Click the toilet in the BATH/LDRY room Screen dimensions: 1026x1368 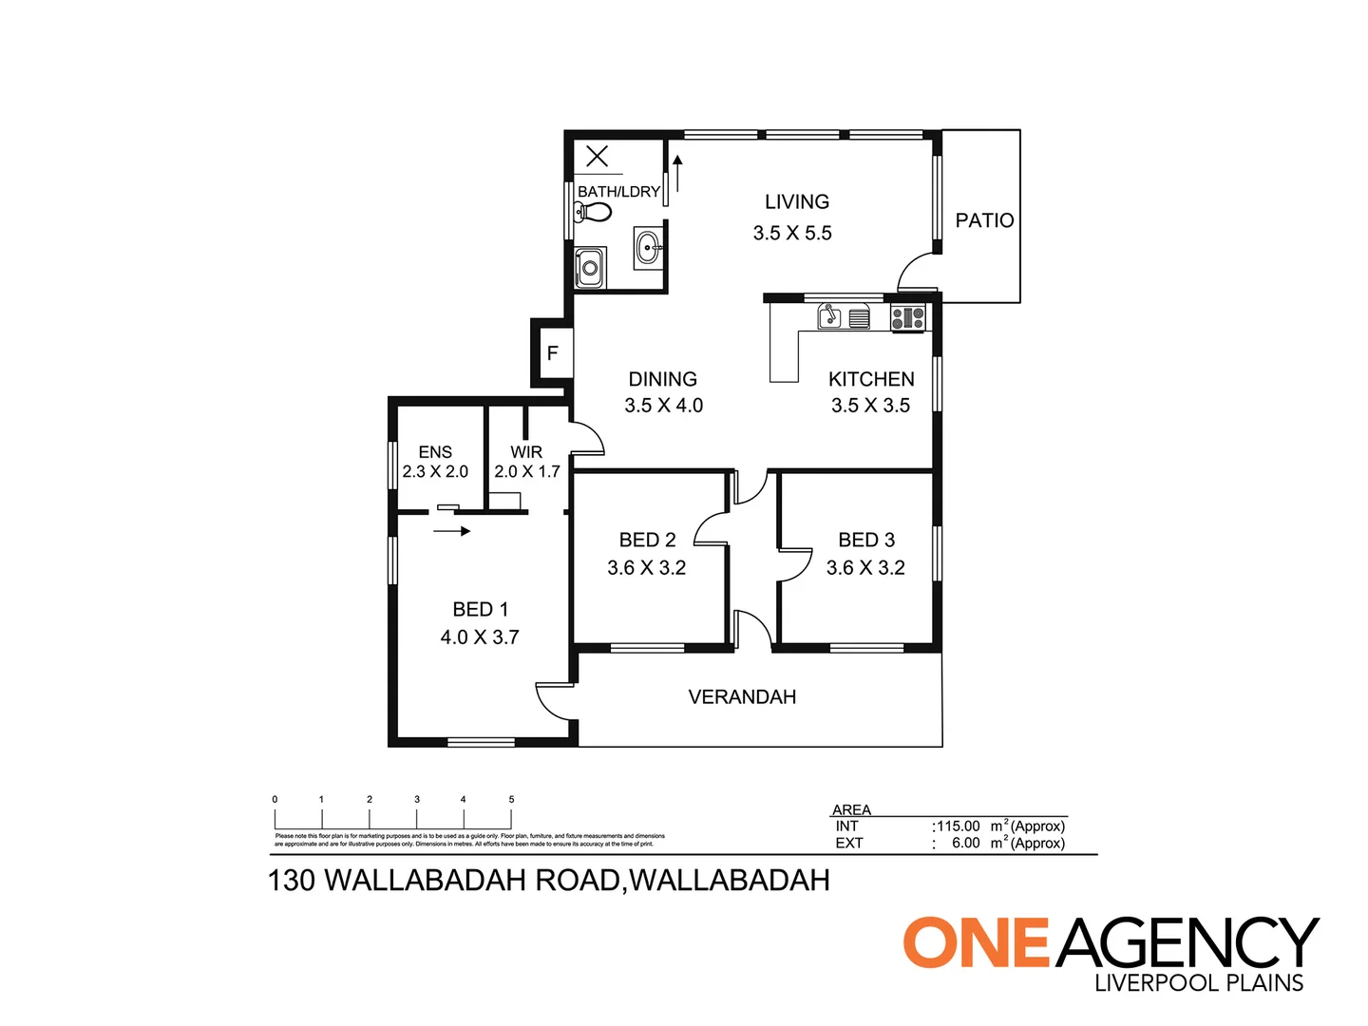593,211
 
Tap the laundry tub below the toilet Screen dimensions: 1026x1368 590,267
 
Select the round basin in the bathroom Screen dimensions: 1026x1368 649,249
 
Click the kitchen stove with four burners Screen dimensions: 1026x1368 907,317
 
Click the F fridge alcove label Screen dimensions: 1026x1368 552,353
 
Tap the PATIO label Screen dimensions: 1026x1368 984,220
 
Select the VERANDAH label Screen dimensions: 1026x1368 742,697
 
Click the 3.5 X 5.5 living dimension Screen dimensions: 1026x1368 792,233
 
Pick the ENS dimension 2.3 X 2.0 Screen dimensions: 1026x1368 435,471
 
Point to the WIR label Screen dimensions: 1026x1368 526,452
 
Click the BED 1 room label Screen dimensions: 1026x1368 481,609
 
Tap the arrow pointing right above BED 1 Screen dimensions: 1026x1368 452,531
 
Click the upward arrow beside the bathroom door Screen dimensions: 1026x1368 677,173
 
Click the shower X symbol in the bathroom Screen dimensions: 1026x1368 597,156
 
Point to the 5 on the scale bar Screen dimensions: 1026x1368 511,800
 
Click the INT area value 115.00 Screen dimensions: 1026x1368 959,826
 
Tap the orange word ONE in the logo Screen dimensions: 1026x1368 975,943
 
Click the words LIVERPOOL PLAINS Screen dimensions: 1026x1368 1199,983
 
